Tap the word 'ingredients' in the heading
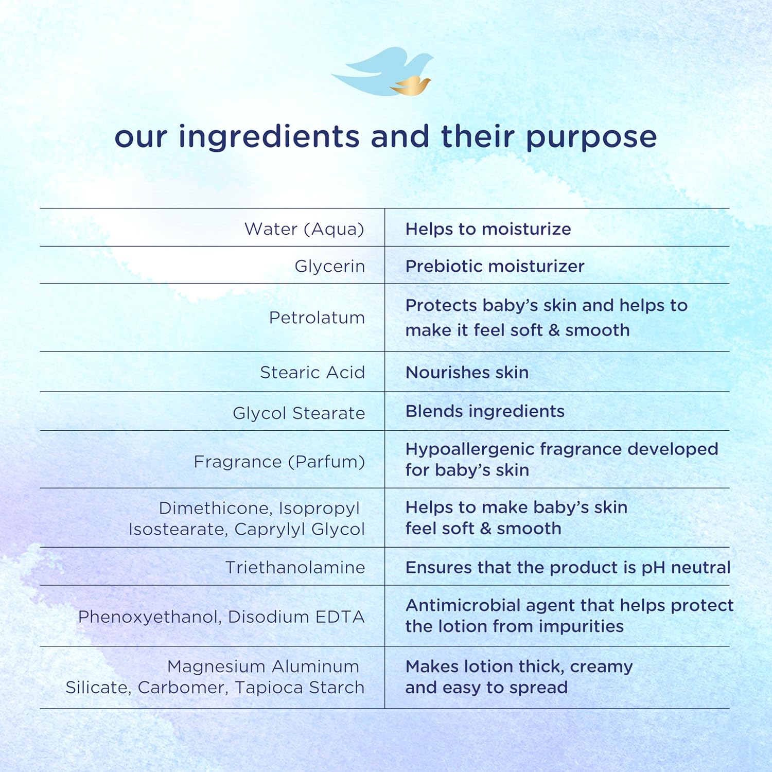[x=269, y=137]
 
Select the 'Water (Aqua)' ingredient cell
[x=304, y=229]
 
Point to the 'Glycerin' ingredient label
[x=329, y=266]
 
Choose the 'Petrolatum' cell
[x=317, y=318]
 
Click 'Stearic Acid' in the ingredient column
[x=312, y=372]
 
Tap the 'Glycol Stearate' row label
[x=299, y=413]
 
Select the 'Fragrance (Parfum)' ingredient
[x=279, y=462]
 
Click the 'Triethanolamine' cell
[x=295, y=567]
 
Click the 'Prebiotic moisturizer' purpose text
[x=495, y=266]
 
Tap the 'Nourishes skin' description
[x=467, y=372]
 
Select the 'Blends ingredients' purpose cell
[x=485, y=411]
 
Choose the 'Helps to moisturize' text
[x=488, y=229]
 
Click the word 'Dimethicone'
[x=216, y=508]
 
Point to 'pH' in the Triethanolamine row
[x=654, y=568]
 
